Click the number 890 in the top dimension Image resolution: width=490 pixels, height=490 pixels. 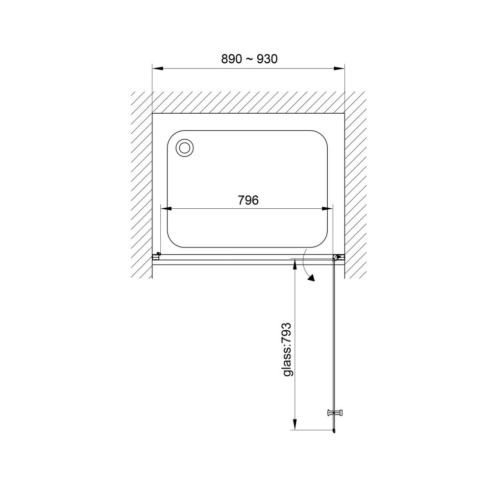click(x=232, y=59)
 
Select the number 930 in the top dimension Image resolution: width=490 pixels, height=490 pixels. click(x=267, y=59)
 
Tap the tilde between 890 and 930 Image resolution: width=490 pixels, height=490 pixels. click(x=249, y=59)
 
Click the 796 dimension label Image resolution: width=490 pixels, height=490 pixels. click(x=248, y=200)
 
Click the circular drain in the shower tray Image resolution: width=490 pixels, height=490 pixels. click(x=185, y=147)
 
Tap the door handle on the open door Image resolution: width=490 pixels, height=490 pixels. click(x=335, y=413)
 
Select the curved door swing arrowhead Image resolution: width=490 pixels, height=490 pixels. click(x=311, y=277)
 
